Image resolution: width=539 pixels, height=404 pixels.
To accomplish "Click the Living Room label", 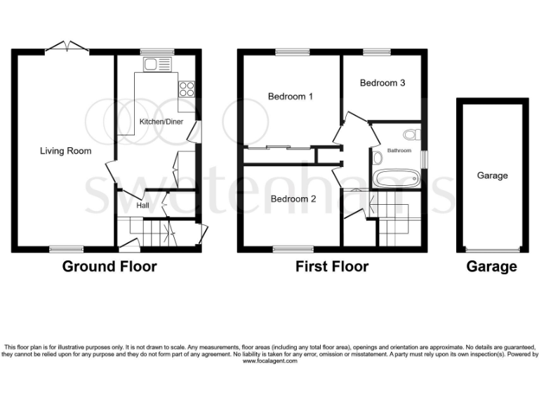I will pos(65,151).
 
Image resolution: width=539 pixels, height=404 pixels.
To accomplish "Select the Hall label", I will pos(142,206).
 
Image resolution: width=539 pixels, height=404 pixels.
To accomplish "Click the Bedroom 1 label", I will pos(291,97).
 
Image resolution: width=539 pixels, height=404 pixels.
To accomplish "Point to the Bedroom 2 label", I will pos(293,199).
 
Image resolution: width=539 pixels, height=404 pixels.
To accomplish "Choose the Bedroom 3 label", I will pos(382,83).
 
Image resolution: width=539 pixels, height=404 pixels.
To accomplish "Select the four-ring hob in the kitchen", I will pos(187,89).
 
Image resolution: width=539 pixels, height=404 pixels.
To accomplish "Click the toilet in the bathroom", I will pos(410,134).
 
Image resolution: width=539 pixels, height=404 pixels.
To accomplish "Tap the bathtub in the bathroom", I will pos(395,177).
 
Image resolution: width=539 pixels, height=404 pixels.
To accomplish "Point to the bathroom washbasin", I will pos(378,159).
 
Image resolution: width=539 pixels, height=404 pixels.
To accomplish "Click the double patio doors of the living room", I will pos(67,48).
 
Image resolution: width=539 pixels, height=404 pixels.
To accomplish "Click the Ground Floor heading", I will pos(109,267).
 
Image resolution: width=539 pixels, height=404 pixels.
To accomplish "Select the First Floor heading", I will pos(332,267).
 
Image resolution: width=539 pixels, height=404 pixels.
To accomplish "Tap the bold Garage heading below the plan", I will pos(492,267).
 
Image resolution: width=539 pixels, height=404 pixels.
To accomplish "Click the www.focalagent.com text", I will pos(269,361).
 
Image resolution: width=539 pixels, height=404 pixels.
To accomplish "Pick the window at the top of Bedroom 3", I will pos(377,51).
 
